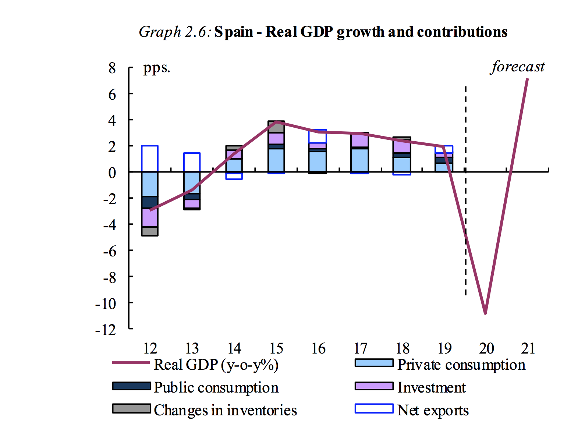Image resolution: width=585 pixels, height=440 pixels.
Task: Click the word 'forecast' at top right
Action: click(x=518, y=67)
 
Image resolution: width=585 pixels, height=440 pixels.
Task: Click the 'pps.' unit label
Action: click(x=156, y=68)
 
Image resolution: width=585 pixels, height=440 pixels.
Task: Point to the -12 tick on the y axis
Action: click(x=106, y=330)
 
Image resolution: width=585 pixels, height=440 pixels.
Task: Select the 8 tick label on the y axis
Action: click(x=112, y=68)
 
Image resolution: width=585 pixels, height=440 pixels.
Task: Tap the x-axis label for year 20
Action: click(x=486, y=348)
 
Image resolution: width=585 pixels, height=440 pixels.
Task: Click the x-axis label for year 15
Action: click(x=276, y=348)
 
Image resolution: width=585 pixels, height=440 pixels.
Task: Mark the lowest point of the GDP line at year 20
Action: click(x=485, y=313)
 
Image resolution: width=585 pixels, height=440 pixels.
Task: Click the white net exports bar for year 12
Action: click(x=150, y=159)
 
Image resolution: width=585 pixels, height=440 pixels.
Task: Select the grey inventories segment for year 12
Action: click(x=150, y=231)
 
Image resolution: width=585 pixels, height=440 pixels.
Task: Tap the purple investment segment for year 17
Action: click(x=360, y=140)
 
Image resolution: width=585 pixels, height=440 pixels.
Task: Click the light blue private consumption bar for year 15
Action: click(x=276, y=160)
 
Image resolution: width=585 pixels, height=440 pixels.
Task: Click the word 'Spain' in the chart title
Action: click(x=234, y=32)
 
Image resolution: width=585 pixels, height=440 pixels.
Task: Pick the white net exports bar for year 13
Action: click(x=192, y=162)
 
